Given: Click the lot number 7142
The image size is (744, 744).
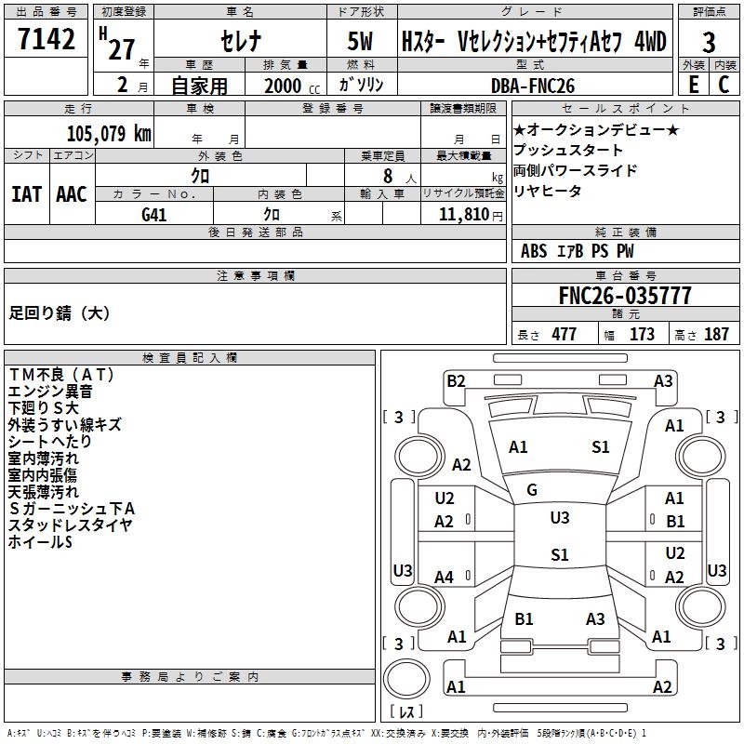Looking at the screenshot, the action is pyautogui.click(x=46, y=38).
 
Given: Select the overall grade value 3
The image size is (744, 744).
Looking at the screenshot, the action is pyautogui.click(x=709, y=43).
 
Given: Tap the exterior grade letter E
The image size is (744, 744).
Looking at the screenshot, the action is pyautogui.click(x=693, y=85).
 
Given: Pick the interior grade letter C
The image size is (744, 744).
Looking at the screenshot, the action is pyautogui.click(x=724, y=85).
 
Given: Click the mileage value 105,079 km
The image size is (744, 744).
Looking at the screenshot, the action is pyautogui.click(x=109, y=133).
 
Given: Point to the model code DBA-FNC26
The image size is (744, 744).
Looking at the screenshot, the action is pyautogui.click(x=532, y=86).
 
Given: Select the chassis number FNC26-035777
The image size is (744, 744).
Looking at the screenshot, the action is pyautogui.click(x=625, y=296).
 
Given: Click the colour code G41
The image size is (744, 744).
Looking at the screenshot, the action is pyautogui.click(x=153, y=215).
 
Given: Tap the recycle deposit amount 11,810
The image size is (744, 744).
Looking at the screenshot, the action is pyautogui.click(x=463, y=214).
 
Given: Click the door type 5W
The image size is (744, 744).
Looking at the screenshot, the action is pyautogui.click(x=360, y=41).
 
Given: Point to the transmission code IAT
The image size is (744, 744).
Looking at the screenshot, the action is pyautogui.click(x=26, y=194).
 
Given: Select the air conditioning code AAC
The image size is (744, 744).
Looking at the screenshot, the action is pyautogui.click(x=72, y=194).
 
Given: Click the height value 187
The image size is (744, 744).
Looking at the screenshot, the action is pyautogui.click(x=716, y=334).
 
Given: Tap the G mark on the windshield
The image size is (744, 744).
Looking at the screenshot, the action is pyautogui.click(x=532, y=490).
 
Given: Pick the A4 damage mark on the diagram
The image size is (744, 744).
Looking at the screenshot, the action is pyautogui.click(x=445, y=577).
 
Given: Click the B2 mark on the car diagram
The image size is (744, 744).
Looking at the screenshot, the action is pyautogui.click(x=456, y=381).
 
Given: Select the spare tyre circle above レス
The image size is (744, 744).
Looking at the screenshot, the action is pyautogui.click(x=406, y=679).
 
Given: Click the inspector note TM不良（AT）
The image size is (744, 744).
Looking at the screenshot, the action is pyautogui.click(x=61, y=375).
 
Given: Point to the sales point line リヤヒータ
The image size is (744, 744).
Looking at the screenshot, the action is pyautogui.click(x=547, y=191).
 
